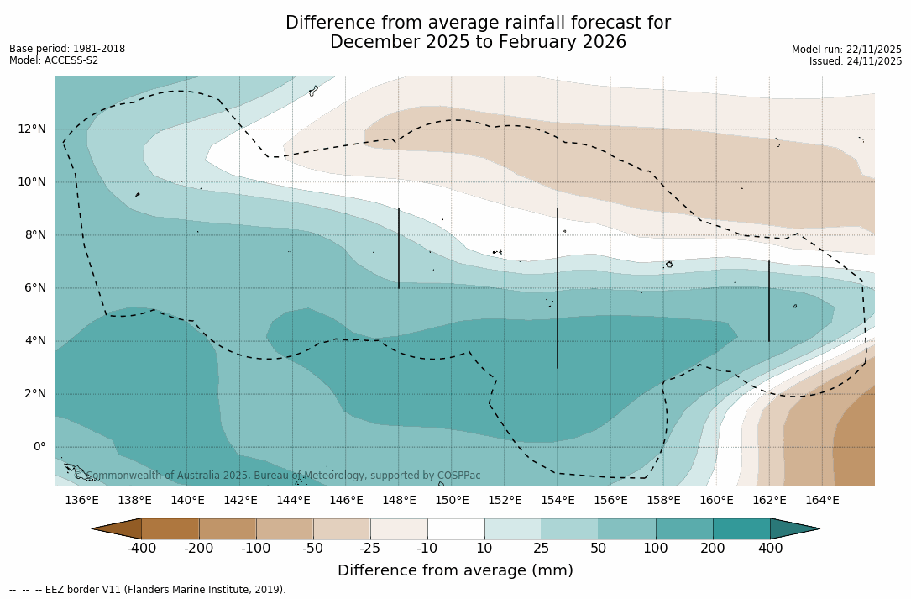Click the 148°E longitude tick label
click(x=399, y=501)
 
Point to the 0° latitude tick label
click(x=39, y=446)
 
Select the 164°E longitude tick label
click(x=822, y=501)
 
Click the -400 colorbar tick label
click(x=141, y=549)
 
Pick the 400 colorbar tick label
click(x=770, y=549)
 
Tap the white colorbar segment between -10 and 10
click(x=456, y=528)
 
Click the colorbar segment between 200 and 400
click(x=741, y=528)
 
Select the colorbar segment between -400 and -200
click(x=170, y=528)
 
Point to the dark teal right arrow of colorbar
click(x=793, y=528)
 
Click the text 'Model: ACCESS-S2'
click(x=54, y=60)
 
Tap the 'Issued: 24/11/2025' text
click(x=856, y=61)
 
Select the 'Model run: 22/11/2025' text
click(x=846, y=50)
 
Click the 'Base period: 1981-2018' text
click(x=67, y=49)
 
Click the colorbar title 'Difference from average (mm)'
click(x=455, y=571)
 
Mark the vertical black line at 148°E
click(x=399, y=249)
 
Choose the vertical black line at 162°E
click(x=769, y=301)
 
